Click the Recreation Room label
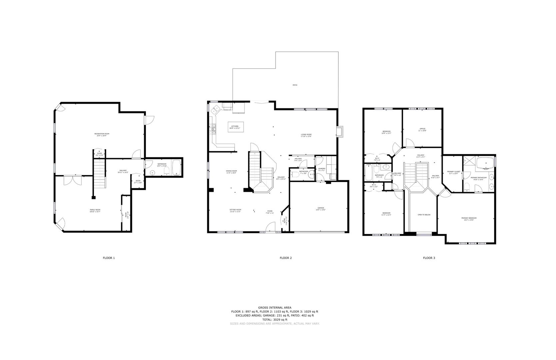(102, 135)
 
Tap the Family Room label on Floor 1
(95, 211)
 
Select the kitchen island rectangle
(236, 127)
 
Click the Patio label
(295, 85)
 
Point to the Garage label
(320, 209)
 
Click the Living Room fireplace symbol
(339, 131)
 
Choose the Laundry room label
(321, 169)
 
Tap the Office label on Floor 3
(422, 130)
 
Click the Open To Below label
(424, 215)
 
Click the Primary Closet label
(453, 172)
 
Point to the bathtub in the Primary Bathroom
(485, 163)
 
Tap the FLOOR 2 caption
(285, 258)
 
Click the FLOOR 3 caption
(429, 258)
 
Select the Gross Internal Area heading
(275, 307)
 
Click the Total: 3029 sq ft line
(275, 319)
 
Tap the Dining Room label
(231, 172)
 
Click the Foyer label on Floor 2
(270, 212)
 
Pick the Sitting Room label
(235, 211)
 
